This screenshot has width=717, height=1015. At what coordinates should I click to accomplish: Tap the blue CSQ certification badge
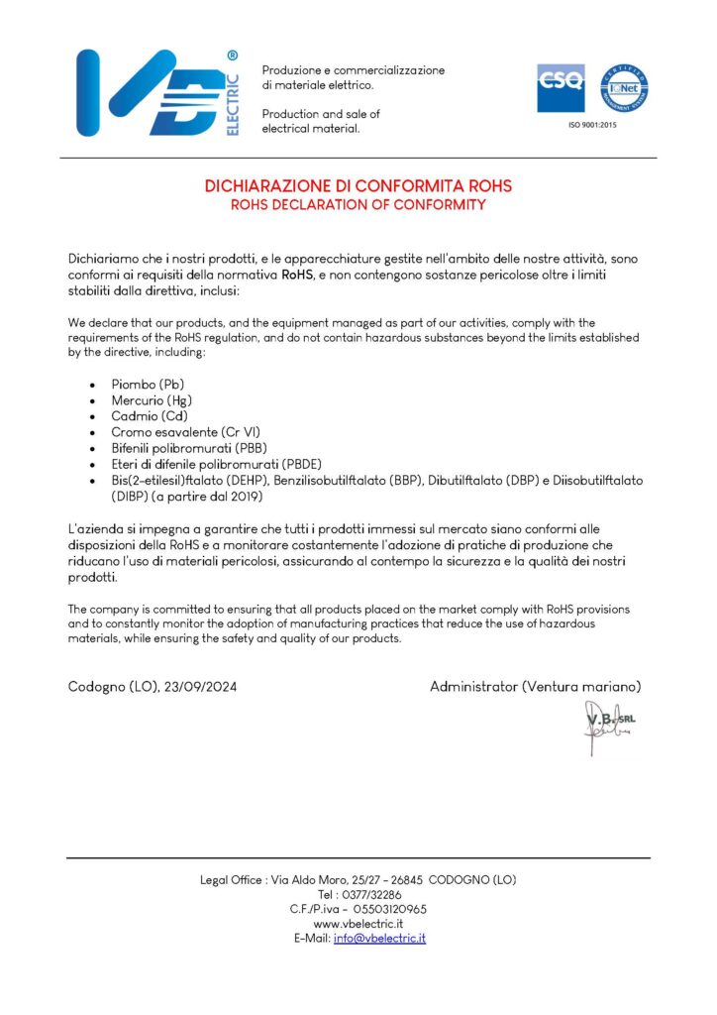pyautogui.click(x=561, y=88)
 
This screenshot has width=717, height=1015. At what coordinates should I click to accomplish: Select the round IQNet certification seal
pyautogui.click(x=625, y=88)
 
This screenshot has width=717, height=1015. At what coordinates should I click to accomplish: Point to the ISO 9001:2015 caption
pyautogui.click(x=592, y=125)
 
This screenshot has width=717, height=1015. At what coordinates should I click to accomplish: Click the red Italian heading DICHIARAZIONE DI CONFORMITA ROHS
pyautogui.click(x=358, y=185)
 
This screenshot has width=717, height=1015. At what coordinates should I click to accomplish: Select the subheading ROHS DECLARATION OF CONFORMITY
pyautogui.click(x=358, y=205)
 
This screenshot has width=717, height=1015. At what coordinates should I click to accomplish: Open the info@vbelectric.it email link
pyautogui.click(x=379, y=938)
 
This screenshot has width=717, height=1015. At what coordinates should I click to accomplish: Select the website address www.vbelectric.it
pyautogui.click(x=358, y=923)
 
